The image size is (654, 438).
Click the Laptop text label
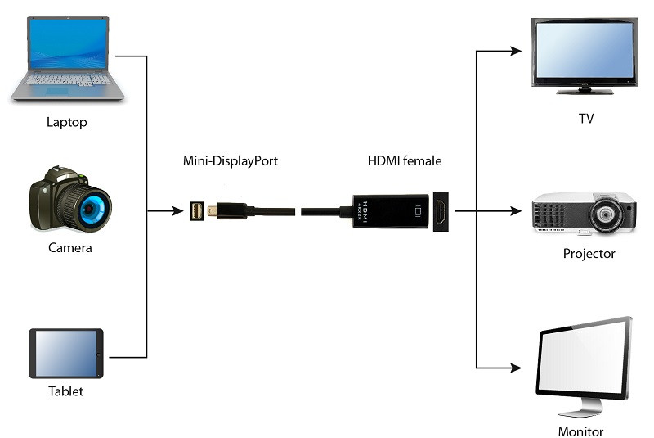(67, 123)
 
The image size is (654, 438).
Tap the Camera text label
(69, 247)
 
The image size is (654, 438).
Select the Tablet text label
(65, 391)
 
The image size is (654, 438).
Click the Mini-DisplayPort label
(231, 161)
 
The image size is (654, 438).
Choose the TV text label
(585, 119)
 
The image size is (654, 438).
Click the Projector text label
(589, 254)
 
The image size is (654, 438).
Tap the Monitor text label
(580, 431)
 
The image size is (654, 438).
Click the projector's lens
(607, 215)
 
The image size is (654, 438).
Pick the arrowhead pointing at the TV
(516, 51)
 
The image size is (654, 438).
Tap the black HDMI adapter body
(391, 210)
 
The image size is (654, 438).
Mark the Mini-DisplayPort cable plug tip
(211, 210)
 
